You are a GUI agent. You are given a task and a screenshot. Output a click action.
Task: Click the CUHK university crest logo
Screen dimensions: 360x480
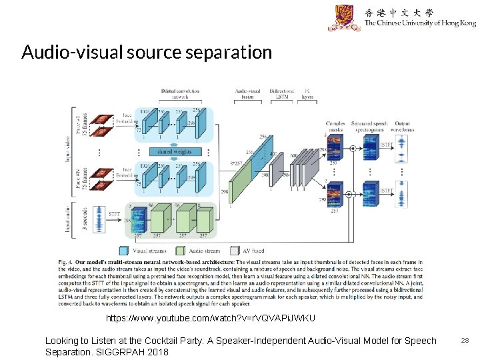344,18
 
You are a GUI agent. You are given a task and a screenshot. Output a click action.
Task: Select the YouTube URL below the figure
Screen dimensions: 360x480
211,318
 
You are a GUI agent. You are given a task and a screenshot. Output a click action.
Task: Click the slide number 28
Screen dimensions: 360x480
465,341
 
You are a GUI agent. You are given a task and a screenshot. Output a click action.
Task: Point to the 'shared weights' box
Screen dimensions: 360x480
174,152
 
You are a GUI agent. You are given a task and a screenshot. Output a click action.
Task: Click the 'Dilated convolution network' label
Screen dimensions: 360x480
179,93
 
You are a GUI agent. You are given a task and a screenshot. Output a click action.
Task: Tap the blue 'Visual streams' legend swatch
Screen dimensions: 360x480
123,251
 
